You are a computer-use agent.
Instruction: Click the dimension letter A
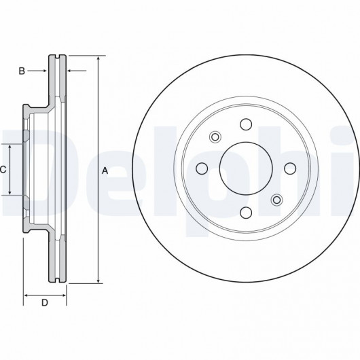[105, 170]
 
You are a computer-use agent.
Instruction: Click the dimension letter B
[22, 71]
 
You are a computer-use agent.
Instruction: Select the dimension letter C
[3, 170]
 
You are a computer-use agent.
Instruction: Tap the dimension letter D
[45, 302]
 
